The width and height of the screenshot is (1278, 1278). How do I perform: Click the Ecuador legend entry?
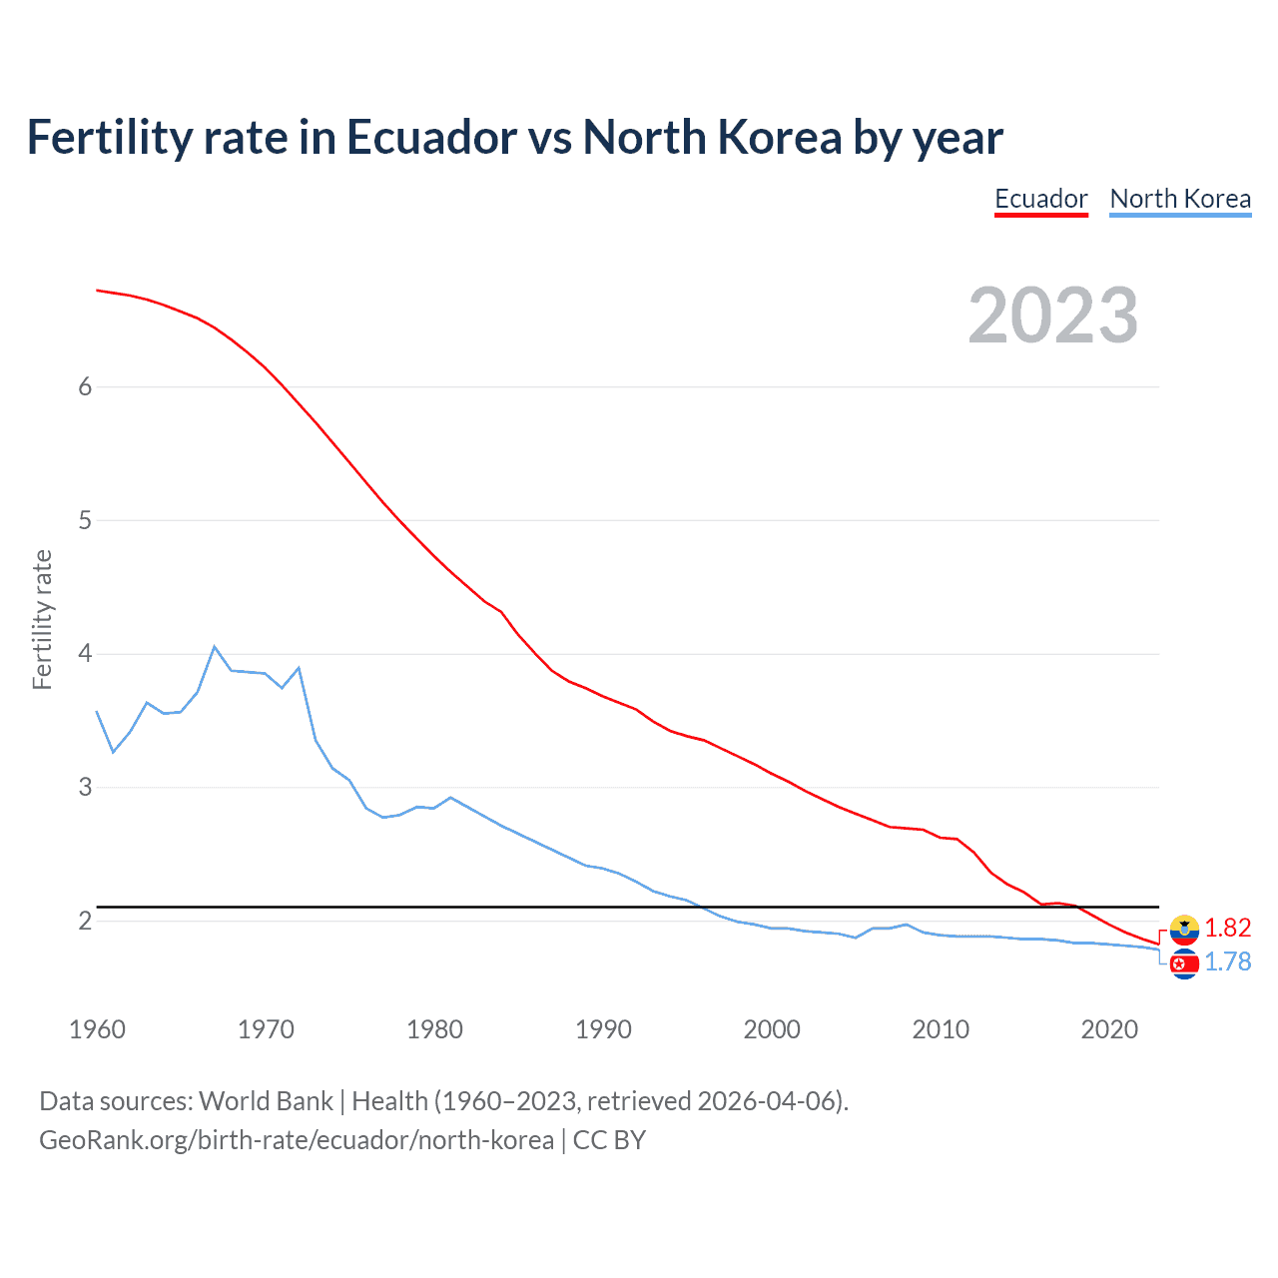coord(1040,199)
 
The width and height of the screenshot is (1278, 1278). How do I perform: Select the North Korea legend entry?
coord(1180,199)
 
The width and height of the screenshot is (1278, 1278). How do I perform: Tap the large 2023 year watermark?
coord(1053,316)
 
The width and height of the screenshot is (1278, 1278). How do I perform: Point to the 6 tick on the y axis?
coord(85,387)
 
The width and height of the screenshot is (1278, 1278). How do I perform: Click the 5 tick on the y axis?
coord(85,521)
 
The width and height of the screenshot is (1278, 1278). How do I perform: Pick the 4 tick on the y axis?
coord(85,654)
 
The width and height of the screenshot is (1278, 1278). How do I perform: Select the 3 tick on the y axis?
coord(85,788)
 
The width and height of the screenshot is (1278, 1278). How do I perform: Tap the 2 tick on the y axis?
coord(85,921)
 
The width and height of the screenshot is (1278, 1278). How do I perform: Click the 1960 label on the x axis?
coord(97,1029)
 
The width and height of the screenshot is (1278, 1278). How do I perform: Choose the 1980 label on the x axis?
coord(434,1029)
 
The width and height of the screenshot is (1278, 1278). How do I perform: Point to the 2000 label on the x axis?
coord(772,1029)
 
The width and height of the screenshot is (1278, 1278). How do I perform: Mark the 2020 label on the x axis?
coord(1109,1029)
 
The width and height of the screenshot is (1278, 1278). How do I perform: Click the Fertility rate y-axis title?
coord(42,619)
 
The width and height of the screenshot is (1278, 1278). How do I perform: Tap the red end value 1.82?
coord(1227,928)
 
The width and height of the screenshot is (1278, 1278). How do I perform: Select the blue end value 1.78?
coord(1227,961)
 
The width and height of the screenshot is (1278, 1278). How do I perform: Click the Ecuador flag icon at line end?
coord(1184,930)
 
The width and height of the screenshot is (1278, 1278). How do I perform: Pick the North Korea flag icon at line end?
coord(1184,963)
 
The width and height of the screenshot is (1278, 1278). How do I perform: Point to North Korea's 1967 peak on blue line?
coord(215,647)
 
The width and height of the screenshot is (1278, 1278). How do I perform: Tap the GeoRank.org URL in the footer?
coord(296,1139)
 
